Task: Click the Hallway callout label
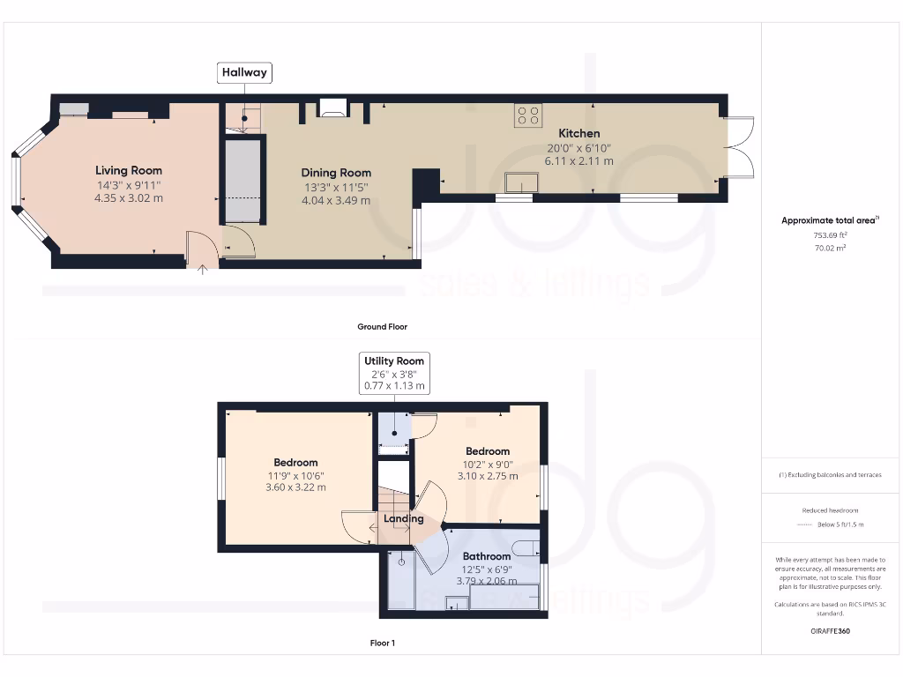point(244,72)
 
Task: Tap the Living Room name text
point(129,170)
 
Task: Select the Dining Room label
point(336,173)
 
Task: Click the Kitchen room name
point(578,133)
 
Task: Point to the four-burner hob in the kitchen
point(528,115)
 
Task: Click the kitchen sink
point(521,182)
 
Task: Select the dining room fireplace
point(334,108)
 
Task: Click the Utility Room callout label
point(394,361)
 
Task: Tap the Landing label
point(404,518)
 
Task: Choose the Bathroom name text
point(487,556)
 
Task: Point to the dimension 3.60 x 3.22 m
point(295,487)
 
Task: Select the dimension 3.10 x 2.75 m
point(488,476)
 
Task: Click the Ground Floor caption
point(382,326)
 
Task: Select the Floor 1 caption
point(382,643)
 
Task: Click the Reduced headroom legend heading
point(830,510)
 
